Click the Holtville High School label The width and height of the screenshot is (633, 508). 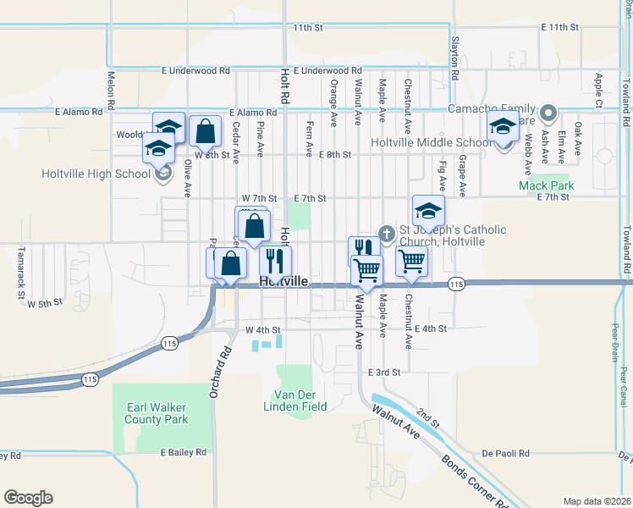[x=96, y=174]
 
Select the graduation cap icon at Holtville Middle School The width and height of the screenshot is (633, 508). [x=503, y=128]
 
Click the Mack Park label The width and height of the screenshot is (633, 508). [x=546, y=185]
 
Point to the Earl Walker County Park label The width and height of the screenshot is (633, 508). [x=157, y=413]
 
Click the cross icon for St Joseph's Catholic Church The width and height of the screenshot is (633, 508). [x=387, y=233]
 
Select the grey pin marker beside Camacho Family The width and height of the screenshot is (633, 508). [x=548, y=112]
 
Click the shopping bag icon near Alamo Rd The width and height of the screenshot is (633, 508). [x=205, y=131]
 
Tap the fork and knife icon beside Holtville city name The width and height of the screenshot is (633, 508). [x=275, y=261]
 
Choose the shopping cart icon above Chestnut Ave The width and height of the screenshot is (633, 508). [x=411, y=262]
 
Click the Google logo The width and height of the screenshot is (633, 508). [x=28, y=498]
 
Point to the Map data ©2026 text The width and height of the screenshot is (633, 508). [x=597, y=501]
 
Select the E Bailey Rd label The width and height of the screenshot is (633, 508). [x=184, y=453]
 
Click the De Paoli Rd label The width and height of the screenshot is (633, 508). [x=505, y=453]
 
